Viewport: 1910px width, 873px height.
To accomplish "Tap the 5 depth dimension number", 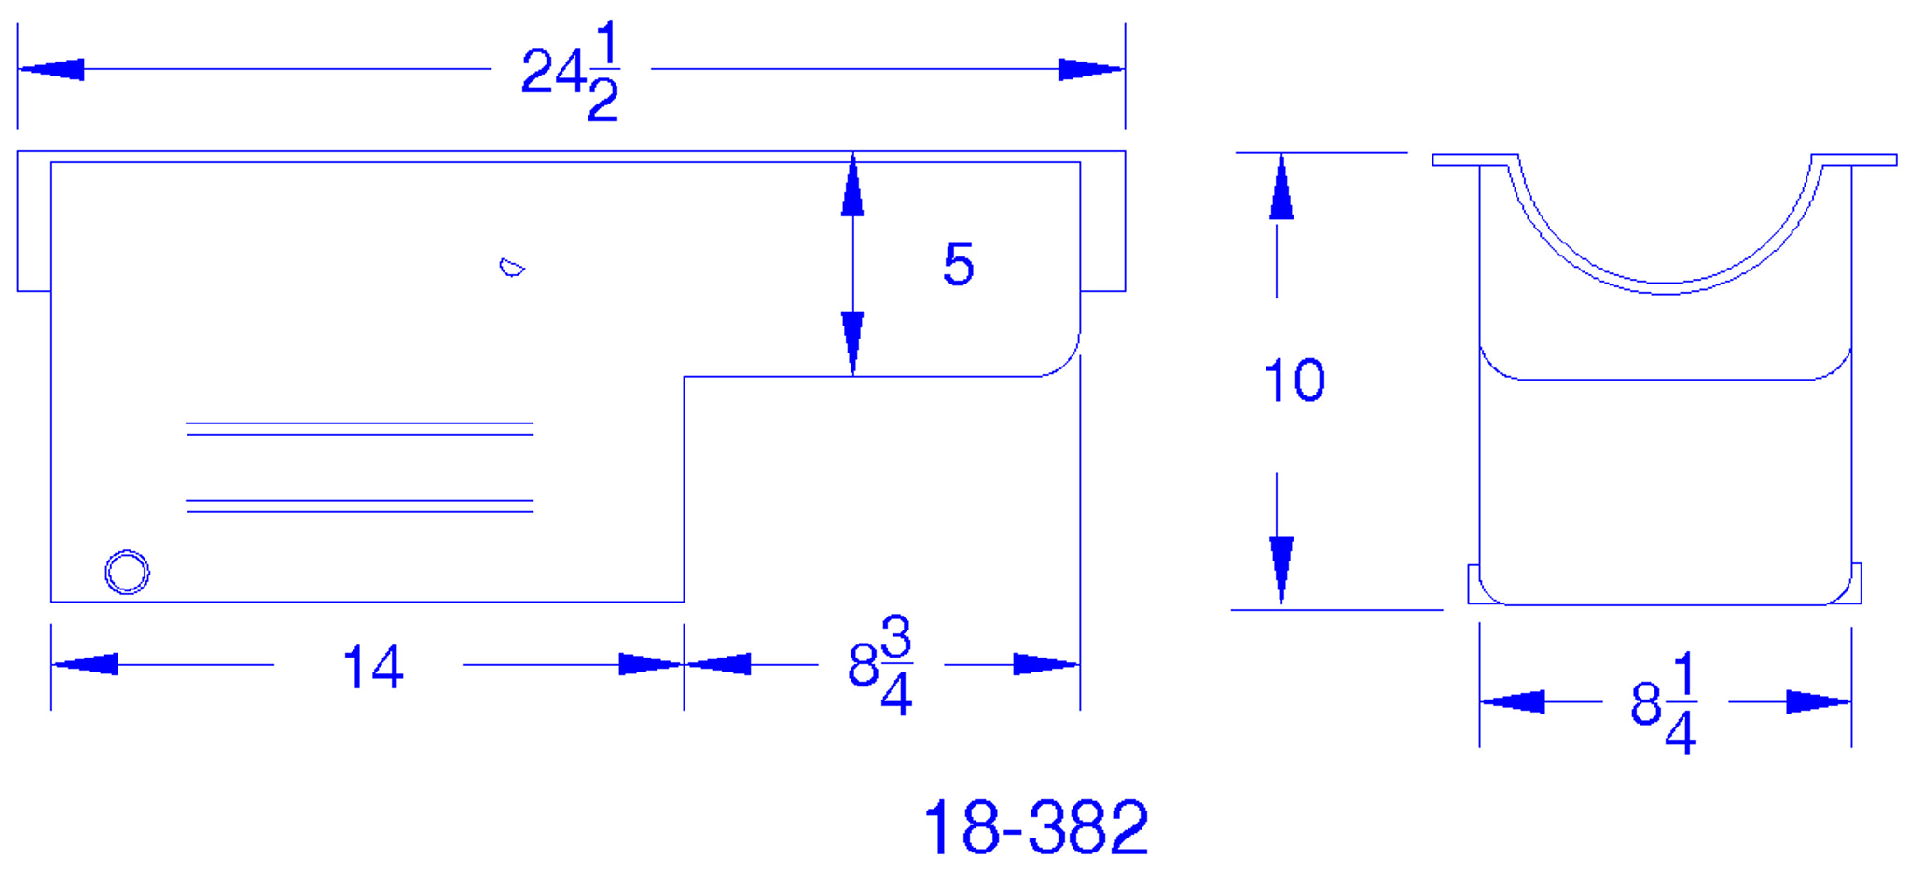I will (x=958, y=264).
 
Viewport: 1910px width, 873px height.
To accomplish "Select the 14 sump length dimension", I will (x=373, y=667).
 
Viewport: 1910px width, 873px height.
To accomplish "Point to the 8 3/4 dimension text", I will (x=880, y=665).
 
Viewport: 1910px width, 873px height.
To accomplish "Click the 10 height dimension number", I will (x=1294, y=381).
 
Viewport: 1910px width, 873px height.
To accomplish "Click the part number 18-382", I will (x=1035, y=827).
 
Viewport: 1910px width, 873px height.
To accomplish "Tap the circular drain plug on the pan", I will (x=127, y=572).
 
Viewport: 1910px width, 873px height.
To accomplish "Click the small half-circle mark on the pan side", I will (x=511, y=268).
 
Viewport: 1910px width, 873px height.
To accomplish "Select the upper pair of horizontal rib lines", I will (x=359, y=429).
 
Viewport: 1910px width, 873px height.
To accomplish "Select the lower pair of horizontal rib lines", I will (x=359, y=506).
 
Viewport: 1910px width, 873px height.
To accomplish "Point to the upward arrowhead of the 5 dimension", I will (x=852, y=187).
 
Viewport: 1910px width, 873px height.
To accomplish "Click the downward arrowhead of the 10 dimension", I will (x=1281, y=567).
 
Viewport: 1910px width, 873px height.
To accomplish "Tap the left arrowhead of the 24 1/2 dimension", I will (x=52, y=69).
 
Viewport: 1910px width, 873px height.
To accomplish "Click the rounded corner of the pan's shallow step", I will (x=1063, y=360).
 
